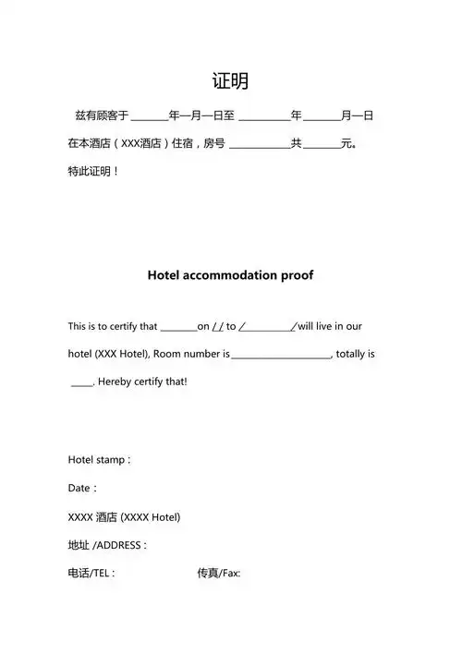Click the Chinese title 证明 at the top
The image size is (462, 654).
230,81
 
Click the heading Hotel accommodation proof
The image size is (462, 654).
230,275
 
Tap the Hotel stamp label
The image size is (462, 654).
99,459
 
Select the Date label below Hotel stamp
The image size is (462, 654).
82,488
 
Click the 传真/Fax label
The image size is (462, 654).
218,573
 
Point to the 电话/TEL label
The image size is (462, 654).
91,573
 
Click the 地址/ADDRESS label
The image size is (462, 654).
107,545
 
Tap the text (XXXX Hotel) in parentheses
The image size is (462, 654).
151,516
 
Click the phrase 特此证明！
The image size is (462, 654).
93,172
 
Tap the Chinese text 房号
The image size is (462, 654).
214,144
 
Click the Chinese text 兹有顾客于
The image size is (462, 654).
102,116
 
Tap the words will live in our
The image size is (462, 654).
330,326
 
